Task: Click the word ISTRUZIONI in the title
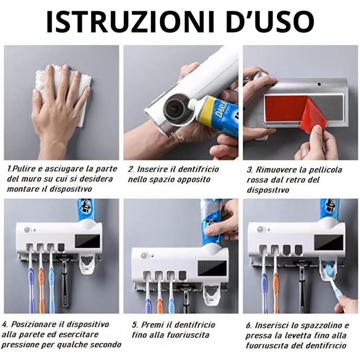click(x=130, y=22)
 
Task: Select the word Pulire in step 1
click(x=22, y=169)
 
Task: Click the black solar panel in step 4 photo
click(x=87, y=241)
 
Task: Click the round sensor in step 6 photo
click(x=261, y=229)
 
